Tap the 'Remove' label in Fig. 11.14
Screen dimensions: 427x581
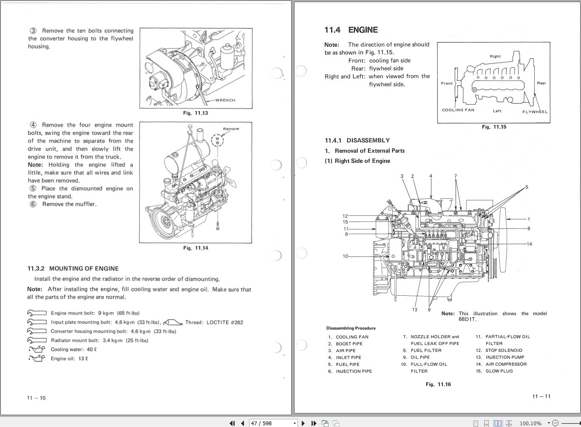point(231,129)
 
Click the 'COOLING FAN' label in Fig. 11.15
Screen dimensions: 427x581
point(458,110)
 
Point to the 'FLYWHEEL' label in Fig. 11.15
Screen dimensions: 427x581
point(535,112)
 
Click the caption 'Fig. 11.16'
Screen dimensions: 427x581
point(438,384)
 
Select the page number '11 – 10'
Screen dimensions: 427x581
point(36,398)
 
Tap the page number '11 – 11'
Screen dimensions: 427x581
point(541,396)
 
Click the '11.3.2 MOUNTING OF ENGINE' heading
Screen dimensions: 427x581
point(73,269)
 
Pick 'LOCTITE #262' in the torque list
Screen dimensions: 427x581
point(224,322)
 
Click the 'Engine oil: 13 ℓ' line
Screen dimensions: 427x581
point(69,359)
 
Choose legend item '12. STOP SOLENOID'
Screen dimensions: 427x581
point(499,351)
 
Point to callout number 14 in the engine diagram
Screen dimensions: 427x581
point(529,244)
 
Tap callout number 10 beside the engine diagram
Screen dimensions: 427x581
point(345,256)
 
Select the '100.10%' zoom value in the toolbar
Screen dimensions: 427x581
point(530,423)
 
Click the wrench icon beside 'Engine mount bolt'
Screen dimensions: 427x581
point(37,313)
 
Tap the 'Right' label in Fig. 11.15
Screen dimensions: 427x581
point(495,56)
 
